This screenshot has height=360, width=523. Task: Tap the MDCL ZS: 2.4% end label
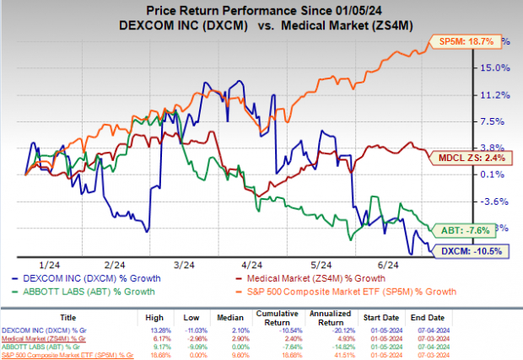point(483,158)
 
